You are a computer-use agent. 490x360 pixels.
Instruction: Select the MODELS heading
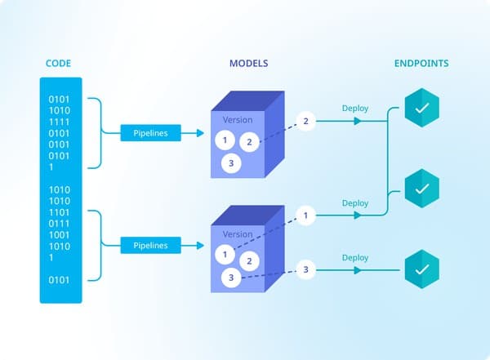click(247, 63)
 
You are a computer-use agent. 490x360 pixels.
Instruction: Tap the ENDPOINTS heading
click(421, 63)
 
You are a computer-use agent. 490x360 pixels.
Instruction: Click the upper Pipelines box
click(150, 132)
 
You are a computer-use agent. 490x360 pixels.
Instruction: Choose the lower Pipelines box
click(150, 245)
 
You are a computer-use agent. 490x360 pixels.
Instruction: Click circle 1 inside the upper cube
click(225, 140)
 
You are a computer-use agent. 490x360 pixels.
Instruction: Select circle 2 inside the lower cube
click(249, 261)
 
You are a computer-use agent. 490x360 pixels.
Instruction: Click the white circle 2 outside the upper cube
click(305, 122)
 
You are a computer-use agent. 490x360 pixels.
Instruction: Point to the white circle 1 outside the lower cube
click(305, 216)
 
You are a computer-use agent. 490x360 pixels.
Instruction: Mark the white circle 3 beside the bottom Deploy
click(305, 269)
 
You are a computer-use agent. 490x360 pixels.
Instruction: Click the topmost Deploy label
click(354, 108)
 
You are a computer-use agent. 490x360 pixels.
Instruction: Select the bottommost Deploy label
click(354, 257)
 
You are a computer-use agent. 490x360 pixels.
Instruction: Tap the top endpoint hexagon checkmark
click(422, 107)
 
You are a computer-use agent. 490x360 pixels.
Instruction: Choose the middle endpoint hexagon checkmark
click(422, 189)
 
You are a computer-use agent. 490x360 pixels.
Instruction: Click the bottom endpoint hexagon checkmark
click(422, 269)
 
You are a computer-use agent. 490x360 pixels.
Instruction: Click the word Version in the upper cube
click(238, 120)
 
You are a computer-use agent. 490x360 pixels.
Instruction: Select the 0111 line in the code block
click(60, 223)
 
